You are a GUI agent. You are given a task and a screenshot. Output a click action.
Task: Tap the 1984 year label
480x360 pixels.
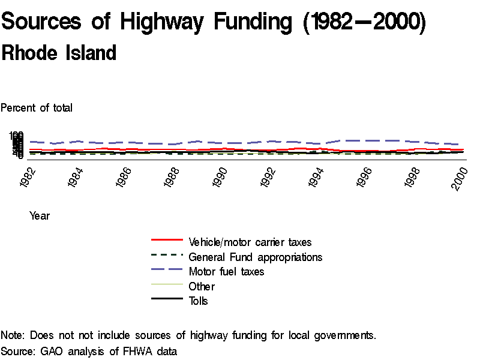77,178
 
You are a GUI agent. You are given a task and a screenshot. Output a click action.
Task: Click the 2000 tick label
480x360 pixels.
461,178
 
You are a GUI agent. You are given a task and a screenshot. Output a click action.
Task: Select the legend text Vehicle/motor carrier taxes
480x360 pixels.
250,242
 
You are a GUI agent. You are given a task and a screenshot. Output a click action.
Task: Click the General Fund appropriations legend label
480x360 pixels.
256,257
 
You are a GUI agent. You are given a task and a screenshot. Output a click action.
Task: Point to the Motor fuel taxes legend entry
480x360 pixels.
226,272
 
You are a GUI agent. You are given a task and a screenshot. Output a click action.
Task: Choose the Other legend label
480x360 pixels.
202,286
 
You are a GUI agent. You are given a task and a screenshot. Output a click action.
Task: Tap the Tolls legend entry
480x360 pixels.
198,301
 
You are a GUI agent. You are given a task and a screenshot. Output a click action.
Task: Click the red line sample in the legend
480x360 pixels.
167,239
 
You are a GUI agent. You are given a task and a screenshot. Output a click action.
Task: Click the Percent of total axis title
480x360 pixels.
37,108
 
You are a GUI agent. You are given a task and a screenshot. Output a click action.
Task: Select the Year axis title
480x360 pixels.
40,216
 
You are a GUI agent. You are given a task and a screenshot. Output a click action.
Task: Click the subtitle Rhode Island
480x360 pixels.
59,53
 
